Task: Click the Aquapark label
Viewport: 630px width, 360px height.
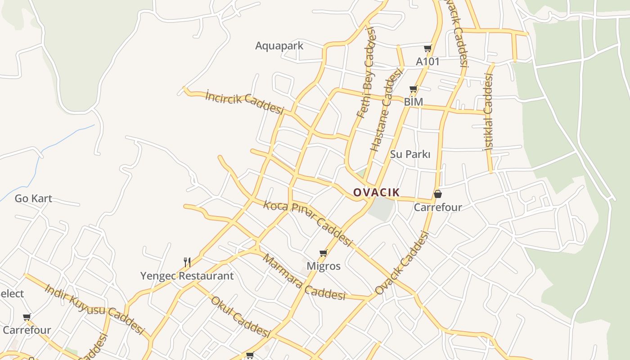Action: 279,45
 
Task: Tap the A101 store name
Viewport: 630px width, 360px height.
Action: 427,61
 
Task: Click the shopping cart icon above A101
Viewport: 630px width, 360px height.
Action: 427,48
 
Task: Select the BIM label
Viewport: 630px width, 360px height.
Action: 413,102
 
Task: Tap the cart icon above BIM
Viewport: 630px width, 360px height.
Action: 414,89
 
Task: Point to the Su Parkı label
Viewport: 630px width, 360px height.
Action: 410,154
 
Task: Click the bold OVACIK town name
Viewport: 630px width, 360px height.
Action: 376,193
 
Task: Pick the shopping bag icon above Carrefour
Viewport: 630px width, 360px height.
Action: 437,194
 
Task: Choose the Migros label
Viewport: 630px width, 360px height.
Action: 323,266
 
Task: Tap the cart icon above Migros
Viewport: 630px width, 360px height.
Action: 323,253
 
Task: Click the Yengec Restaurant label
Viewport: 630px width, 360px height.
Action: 187,276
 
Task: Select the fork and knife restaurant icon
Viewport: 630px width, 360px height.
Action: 187,262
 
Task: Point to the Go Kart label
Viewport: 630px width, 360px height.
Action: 33,198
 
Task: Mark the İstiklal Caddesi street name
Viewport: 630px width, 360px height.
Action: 488,112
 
